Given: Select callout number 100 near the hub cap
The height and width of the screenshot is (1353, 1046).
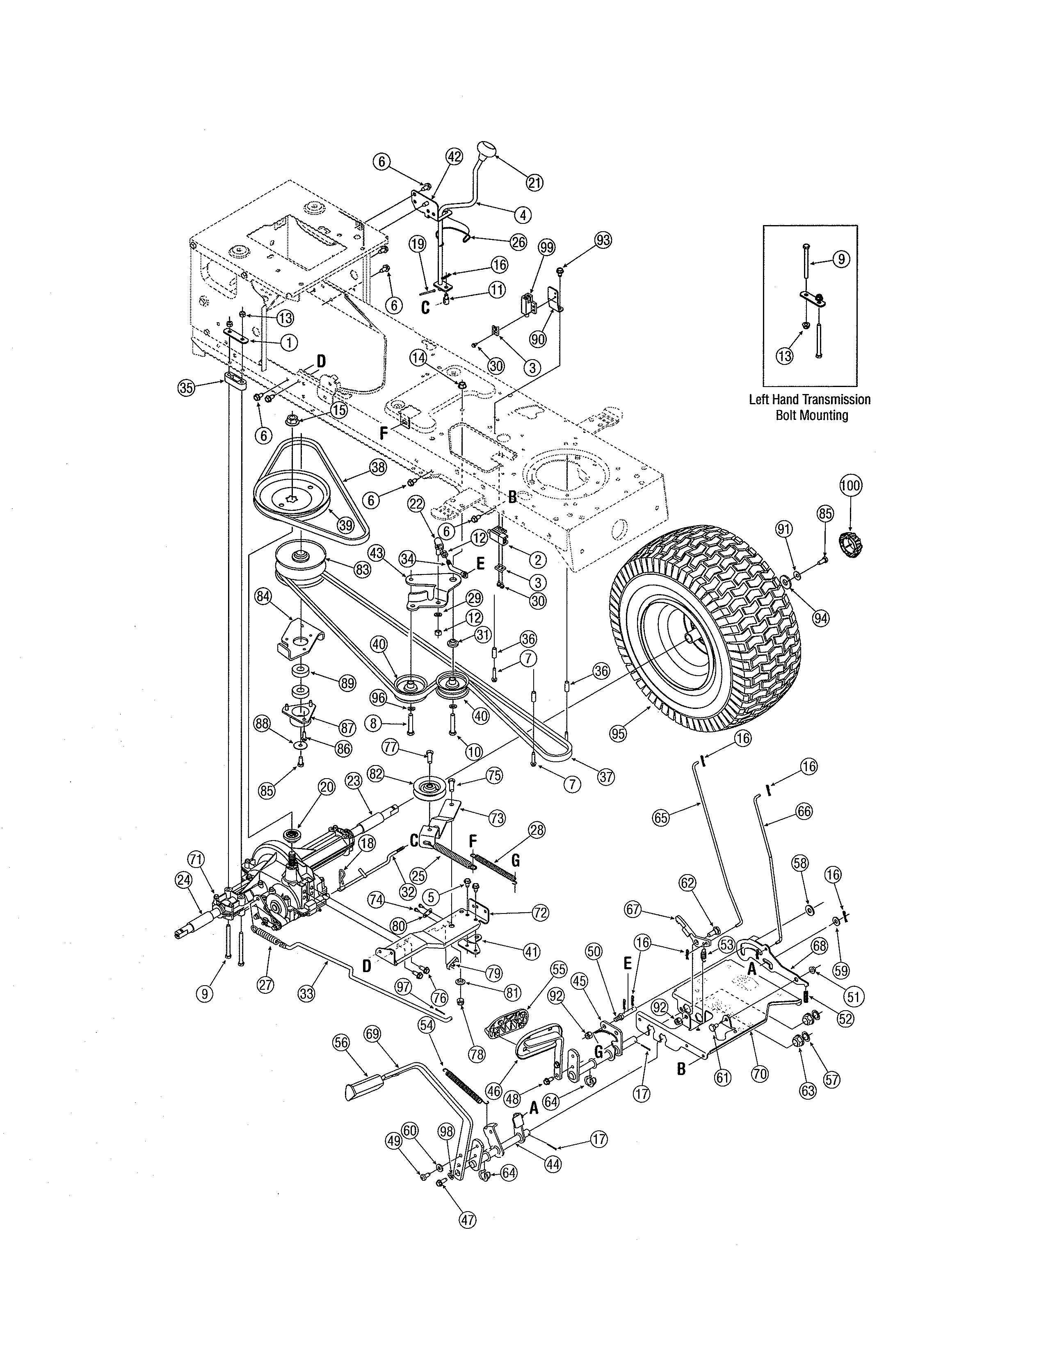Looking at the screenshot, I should pos(850,486).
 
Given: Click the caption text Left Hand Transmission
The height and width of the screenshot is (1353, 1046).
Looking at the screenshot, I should pos(809,400).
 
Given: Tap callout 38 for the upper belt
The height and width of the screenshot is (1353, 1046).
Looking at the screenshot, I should pos(378,468).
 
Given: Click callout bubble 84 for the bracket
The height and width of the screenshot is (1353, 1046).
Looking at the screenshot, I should pos(263,596).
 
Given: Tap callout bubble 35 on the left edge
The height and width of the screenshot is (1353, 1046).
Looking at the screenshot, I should pos(186,388).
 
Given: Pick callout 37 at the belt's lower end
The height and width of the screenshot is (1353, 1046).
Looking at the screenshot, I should pos(607,776).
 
